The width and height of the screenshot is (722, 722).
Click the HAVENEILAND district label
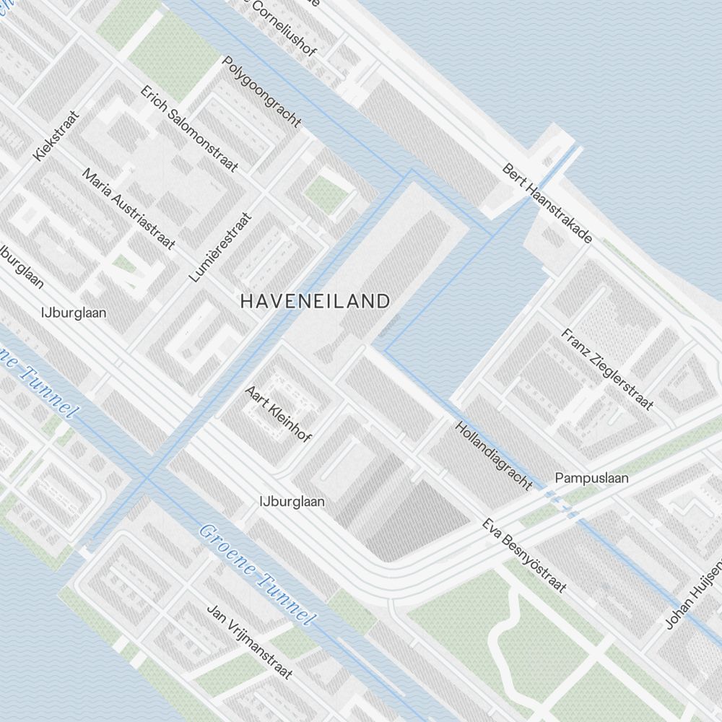point(315,301)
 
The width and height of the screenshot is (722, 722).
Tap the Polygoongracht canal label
point(261,92)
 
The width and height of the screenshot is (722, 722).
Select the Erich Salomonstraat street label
point(189,129)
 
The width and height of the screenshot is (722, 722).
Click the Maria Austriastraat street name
point(129,209)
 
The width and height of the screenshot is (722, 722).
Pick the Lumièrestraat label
point(220,247)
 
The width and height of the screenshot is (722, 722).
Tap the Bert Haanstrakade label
point(547,204)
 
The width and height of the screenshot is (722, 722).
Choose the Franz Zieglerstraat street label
point(606,369)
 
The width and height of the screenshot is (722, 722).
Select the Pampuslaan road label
point(591,478)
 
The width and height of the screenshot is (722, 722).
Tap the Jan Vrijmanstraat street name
point(250,641)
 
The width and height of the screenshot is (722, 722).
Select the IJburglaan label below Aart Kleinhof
point(292,500)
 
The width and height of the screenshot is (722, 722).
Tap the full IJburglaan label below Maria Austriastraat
point(74,313)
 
